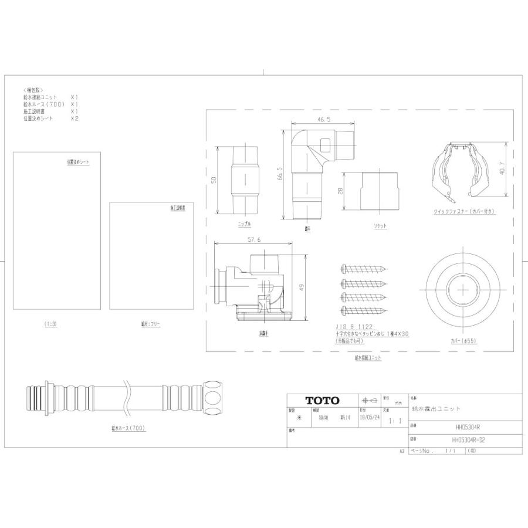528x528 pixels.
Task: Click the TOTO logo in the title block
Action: click(322, 401)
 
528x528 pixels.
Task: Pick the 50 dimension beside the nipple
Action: click(214, 180)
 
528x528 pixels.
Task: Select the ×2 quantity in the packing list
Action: click(75, 118)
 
